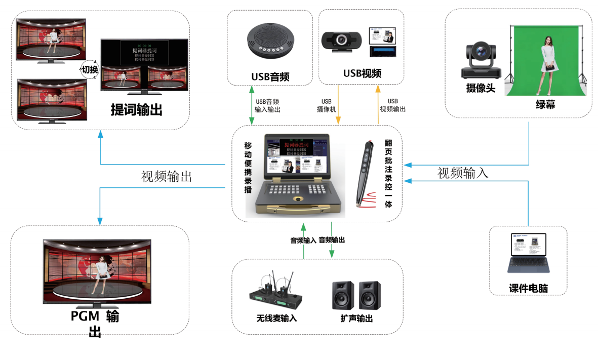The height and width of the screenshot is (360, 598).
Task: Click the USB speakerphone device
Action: [x=272, y=40]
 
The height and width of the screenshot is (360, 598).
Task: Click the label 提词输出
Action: [x=136, y=109]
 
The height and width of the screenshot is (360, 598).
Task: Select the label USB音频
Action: [x=270, y=77]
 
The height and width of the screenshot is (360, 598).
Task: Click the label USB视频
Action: [x=362, y=73]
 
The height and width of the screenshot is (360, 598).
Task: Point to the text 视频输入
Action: [x=463, y=173]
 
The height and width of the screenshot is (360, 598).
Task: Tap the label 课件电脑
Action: [x=528, y=289]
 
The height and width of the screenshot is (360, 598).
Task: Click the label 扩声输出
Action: [x=356, y=319]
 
